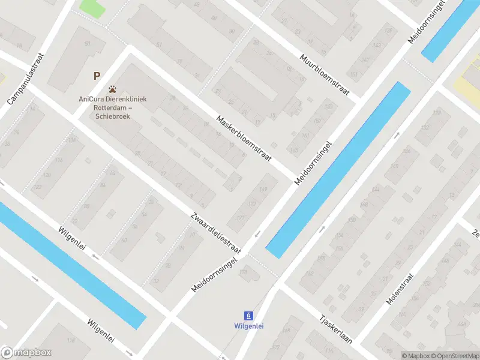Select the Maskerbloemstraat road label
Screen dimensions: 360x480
[x=244, y=138]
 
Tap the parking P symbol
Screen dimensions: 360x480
[x=96, y=76]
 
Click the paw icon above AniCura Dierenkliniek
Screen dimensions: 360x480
[x=112, y=89]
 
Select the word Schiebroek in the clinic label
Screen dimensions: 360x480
[x=112, y=116]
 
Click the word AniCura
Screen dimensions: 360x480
[x=90, y=100]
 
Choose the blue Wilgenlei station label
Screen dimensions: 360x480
[x=248, y=326]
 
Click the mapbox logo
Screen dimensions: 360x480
[x=26, y=353]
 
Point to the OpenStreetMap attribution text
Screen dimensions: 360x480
[x=454, y=356]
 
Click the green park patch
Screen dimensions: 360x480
[x=91, y=8]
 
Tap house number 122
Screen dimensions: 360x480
[x=38, y=188]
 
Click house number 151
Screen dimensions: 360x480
[x=353, y=74]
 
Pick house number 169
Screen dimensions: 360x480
[x=263, y=190]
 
